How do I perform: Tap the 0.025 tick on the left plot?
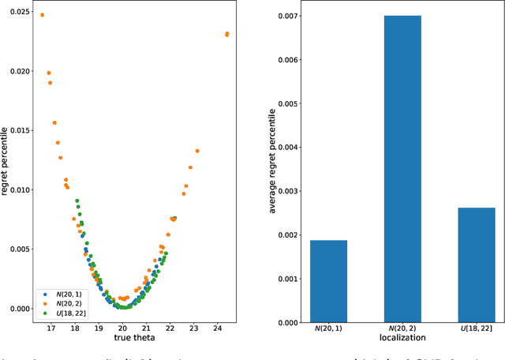[17, 12]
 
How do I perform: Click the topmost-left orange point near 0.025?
[42, 15]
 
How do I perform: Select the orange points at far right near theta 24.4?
[227, 34]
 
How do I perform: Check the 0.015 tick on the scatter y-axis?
[17, 130]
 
